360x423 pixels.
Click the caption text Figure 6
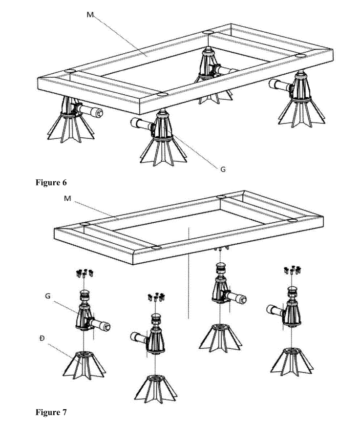51,183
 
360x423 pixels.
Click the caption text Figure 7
51,412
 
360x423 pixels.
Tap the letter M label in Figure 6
90,15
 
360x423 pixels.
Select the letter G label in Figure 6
223,169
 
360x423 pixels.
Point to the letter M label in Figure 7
67,198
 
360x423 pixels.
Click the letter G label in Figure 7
48,296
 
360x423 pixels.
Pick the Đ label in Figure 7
42,338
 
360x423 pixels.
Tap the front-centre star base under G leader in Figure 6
163,151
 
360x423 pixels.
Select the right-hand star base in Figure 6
301,113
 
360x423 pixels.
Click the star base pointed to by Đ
84,365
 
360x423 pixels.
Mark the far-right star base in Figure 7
292,362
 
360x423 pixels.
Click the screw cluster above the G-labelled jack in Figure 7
85,273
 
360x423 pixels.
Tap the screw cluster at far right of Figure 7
292,270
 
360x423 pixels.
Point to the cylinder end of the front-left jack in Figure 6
99,113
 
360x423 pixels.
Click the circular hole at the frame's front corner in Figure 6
162,94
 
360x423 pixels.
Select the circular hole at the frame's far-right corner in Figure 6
300,55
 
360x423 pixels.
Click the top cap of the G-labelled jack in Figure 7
85,293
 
